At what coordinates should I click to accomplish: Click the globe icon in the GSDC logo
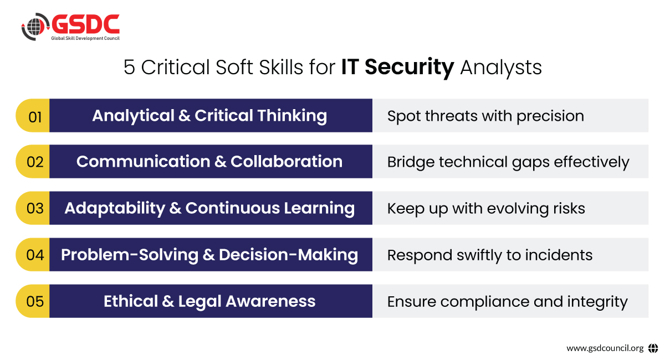(x=35, y=27)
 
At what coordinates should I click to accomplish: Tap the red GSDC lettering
(x=86, y=24)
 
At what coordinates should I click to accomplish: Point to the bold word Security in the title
(x=410, y=68)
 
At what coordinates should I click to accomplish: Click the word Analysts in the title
(x=501, y=68)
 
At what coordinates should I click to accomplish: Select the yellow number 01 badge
(x=33, y=115)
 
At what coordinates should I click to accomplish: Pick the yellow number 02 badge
(x=33, y=162)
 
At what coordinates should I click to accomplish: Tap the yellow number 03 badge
(x=33, y=208)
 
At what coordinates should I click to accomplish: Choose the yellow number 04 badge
(x=33, y=255)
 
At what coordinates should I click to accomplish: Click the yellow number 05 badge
(x=33, y=301)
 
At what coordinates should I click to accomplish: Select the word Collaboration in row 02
(x=287, y=162)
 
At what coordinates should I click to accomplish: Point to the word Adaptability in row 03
(x=115, y=209)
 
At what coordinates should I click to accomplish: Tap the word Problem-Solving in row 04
(x=130, y=255)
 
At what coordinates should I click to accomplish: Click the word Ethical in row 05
(x=131, y=301)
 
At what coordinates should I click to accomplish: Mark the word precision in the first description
(x=550, y=117)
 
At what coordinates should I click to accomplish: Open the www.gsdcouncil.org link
(x=605, y=348)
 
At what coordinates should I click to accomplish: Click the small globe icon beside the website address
(x=653, y=348)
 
